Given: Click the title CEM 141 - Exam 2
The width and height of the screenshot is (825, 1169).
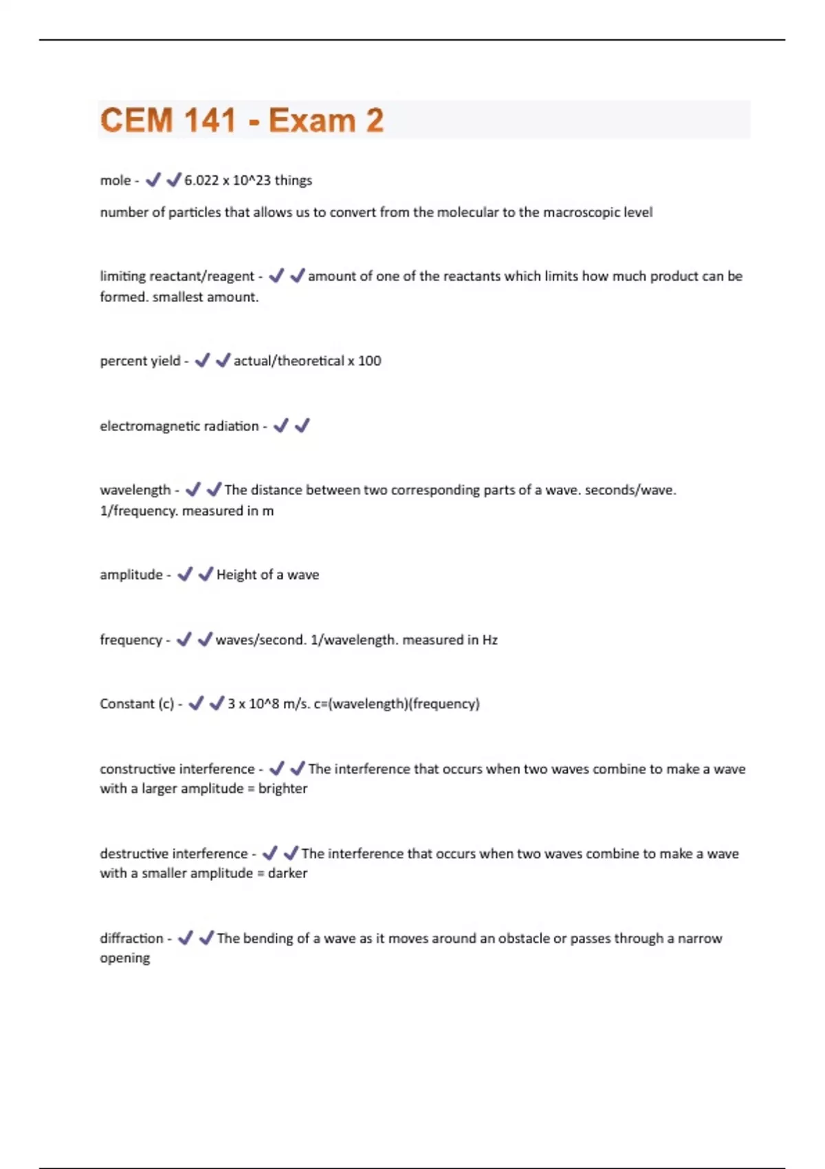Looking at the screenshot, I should [x=241, y=120].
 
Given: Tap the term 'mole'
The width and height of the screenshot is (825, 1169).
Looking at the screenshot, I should [x=115, y=180].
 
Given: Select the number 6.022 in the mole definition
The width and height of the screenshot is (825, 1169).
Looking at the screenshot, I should [x=201, y=180].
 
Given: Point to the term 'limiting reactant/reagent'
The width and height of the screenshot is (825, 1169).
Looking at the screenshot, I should [x=177, y=276].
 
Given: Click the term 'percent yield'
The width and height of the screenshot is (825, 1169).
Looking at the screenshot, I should [x=140, y=361].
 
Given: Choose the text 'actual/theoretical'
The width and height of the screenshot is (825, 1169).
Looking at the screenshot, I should [x=289, y=361].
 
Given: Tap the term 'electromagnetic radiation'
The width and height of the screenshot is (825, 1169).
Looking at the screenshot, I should [x=179, y=426].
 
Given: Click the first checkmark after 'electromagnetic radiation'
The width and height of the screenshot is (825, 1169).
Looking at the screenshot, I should [x=280, y=426].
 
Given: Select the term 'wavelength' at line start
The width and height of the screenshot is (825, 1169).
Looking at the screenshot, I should [x=135, y=490].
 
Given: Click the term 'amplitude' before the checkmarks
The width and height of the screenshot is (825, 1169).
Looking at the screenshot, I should [x=131, y=575].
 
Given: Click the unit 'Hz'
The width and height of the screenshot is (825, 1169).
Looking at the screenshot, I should [x=489, y=640].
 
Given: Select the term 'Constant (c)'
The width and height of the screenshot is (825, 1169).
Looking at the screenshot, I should [x=136, y=704].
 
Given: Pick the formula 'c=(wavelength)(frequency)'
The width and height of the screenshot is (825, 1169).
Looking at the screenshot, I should [x=397, y=704].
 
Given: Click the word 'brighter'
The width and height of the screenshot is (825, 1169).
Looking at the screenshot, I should [x=283, y=789].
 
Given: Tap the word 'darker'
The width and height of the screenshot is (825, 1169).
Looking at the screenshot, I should [x=287, y=873].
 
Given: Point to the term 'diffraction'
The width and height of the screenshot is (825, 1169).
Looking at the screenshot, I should [x=131, y=939].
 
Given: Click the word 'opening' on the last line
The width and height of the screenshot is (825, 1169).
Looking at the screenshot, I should [x=124, y=958].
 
